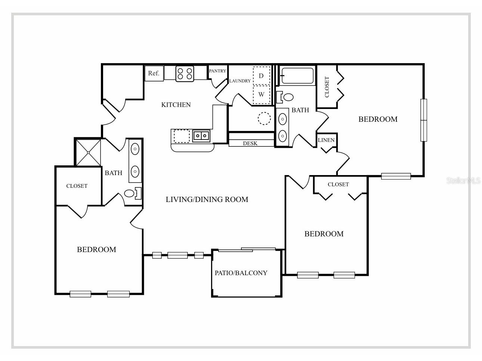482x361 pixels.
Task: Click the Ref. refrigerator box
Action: pos(154,73)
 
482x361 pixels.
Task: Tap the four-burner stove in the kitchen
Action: pos(185,73)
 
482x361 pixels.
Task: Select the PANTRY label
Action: pos(217,71)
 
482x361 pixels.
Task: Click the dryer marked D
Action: pos(261,76)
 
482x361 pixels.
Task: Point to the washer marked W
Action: pos(261,94)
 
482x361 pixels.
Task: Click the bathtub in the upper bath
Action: pos(297,76)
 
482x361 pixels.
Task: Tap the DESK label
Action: pos(250,143)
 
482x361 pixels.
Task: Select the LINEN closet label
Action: pos(326,140)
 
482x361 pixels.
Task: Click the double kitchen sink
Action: pos(201,136)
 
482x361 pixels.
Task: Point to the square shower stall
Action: pos(88,152)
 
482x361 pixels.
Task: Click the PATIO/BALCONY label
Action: pos(241,273)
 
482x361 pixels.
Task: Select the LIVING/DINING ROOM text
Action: pos(207,199)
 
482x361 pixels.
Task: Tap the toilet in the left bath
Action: pos(130,193)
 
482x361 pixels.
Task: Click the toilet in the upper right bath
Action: pos(287,97)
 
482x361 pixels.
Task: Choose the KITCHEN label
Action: pos(176,105)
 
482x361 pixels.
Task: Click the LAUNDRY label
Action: pos(240,81)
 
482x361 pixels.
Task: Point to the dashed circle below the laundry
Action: pos(264,118)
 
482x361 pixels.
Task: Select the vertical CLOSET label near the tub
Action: pos(327,87)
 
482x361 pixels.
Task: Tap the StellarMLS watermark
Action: pos(463,181)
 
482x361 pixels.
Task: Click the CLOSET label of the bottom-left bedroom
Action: pos(77,186)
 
